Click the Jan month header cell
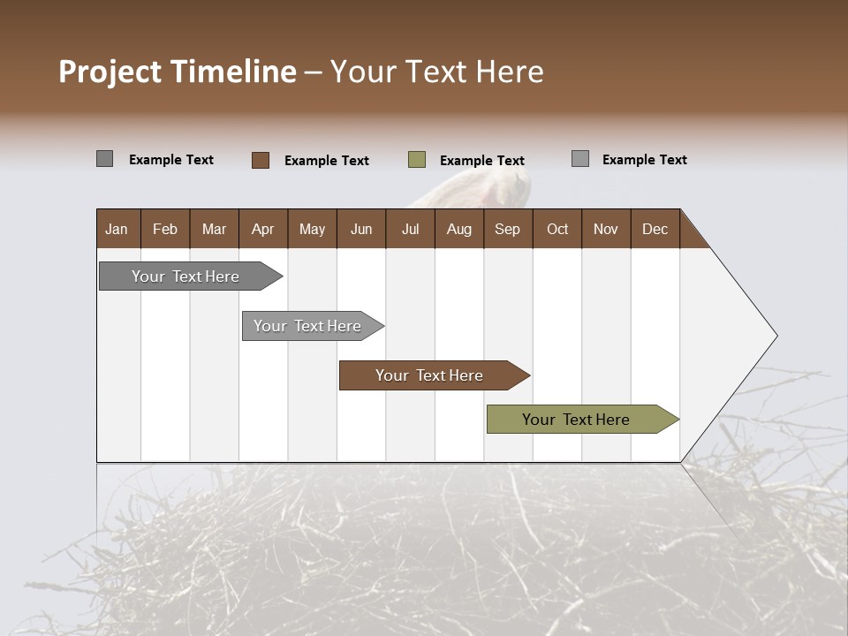click(117, 229)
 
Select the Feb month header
click(165, 229)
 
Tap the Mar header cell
click(215, 229)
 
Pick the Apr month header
click(263, 229)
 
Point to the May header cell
click(312, 229)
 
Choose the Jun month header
click(361, 229)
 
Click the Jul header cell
click(410, 229)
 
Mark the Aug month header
click(459, 229)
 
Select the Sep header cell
click(508, 229)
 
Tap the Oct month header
click(557, 229)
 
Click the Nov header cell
click(606, 229)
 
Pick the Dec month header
click(655, 229)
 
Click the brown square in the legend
click(261, 160)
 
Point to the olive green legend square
click(417, 160)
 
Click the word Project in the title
click(110, 72)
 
